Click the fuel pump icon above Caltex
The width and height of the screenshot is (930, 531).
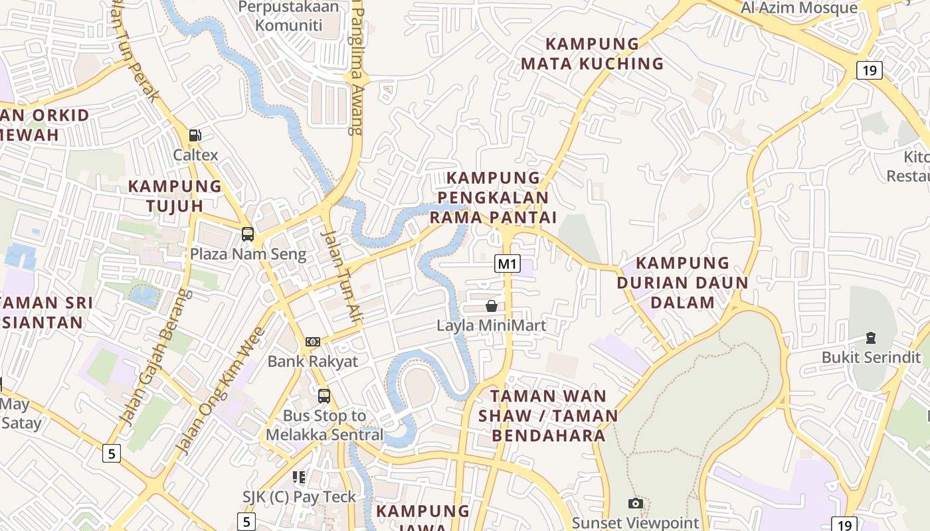tap(195, 135)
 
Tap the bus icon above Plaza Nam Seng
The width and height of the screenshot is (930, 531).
tap(247, 234)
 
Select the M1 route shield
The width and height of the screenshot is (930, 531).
tap(507, 264)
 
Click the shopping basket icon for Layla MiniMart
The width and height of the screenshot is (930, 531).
tap(491, 306)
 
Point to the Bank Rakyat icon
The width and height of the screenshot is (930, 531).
tap(312, 342)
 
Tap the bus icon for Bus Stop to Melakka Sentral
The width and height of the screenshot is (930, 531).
tap(324, 396)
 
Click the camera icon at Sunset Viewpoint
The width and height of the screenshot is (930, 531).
tap(635, 504)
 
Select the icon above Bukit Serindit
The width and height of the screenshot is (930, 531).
tap(870, 338)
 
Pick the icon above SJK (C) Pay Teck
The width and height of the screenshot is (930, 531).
tap(299, 477)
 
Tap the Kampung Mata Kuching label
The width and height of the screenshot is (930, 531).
tap(592, 54)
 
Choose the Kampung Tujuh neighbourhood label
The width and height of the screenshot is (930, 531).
tap(175, 196)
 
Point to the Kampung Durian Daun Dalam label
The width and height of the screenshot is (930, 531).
tap(682, 283)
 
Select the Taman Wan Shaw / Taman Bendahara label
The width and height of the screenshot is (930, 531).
tap(548, 416)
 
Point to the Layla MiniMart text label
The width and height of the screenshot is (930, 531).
tap(491, 326)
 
